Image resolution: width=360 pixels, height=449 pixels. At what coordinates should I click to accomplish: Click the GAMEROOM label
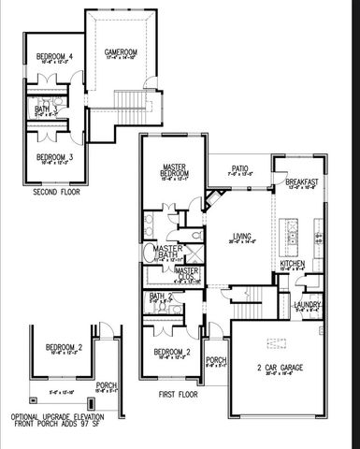[x=121, y=51]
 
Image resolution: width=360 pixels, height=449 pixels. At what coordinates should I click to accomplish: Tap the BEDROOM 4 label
[x=54, y=58]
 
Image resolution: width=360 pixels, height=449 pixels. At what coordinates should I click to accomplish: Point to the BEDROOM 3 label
[x=54, y=156]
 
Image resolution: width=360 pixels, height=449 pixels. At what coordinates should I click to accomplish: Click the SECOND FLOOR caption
[x=57, y=192]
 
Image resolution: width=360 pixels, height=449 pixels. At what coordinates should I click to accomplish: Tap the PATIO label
[x=240, y=168]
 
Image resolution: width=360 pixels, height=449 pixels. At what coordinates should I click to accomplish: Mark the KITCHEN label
[x=293, y=264]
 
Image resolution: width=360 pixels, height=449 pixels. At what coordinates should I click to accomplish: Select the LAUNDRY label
[x=308, y=304]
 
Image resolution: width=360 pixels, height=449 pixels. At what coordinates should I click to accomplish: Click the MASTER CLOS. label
[x=188, y=272]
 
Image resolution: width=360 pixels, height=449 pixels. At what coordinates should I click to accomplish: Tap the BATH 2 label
[x=161, y=296]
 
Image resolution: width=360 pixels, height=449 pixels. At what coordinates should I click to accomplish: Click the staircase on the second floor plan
[x=129, y=101]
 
